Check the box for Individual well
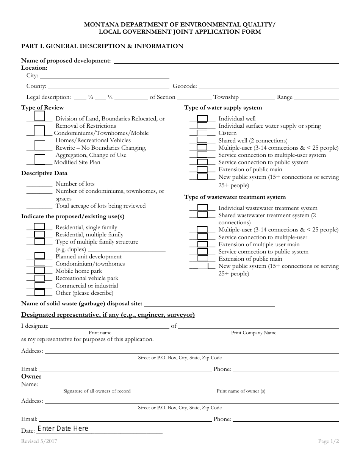pyautogui.click(x=202, y=119)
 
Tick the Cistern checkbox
pyautogui.click(x=202, y=133)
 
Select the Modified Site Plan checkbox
pyautogui.click(x=40, y=160)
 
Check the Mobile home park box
pyautogui.click(x=40, y=271)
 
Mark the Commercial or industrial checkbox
pyautogui.click(x=40, y=286)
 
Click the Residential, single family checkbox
pyautogui.click(x=40, y=227)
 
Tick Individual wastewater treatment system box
pyautogui.click(x=203, y=208)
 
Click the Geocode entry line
pyautogui.click(x=268, y=86)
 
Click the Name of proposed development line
pyautogui.click(x=226, y=61)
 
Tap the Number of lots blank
pyautogui.click(x=39, y=184)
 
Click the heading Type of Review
pyautogui.click(x=42, y=108)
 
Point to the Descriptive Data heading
pyautogui.click(x=44, y=173)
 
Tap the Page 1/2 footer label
pyautogui.click(x=329, y=441)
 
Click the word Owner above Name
pyautogui.click(x=31, y=376)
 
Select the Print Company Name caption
pyautogui.click(x=254, y=333)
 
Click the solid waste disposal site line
pyautogui.click(x=210, y=303)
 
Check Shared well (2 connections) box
pyautogui.click(x=202, y=140)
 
